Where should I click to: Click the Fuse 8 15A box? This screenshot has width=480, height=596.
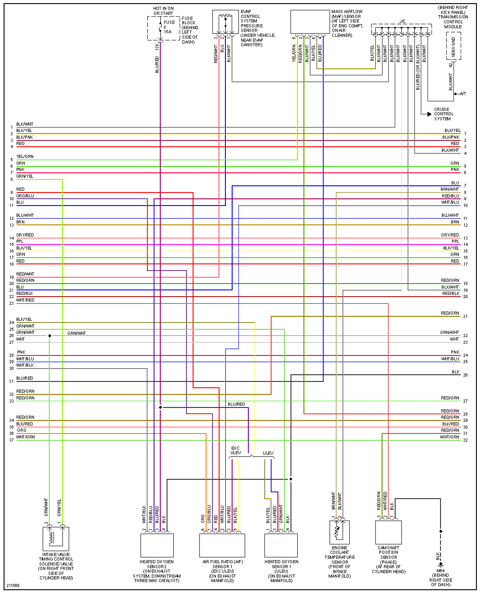pyautogui.click(x=163, y=28)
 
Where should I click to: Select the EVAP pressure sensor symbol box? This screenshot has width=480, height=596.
pyautogui.click(x=225, y=22)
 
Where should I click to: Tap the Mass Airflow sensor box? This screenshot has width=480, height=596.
pyautogui.click(x=310, y=22)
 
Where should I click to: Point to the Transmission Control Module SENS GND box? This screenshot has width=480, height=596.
pyautogui.click(x=454, y=47)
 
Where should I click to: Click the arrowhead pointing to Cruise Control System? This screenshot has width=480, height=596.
pyautogui.click(x=429, y=114)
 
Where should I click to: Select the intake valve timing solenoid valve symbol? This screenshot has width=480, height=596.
pyautogui.click(x=56, y=538)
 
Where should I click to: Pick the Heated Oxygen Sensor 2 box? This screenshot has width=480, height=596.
pyautogui.click(x=157, y=545)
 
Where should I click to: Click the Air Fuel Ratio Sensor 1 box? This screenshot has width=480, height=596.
pyautogui.click(x=222, y=545)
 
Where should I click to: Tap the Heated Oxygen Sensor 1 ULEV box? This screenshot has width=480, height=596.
pyautogui.click(x=281, y=545)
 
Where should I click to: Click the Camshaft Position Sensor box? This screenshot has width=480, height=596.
pyautogui.click(x=388, y=532)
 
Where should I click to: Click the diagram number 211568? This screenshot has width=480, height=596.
pyautogui.click(x=13, y=585)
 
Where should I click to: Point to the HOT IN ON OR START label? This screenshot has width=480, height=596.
pyautogui.click(x=163, y=11)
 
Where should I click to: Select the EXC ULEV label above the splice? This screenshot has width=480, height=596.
pyautogui.click(x=235, y=451)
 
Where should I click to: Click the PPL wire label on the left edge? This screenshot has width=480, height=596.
pyautogui.click(x=20, y=241)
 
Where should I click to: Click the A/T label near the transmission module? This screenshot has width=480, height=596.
pyautogui.click(x=463, y=94)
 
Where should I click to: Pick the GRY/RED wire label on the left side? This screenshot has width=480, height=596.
pyautogui.click(x=25, y=235)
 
